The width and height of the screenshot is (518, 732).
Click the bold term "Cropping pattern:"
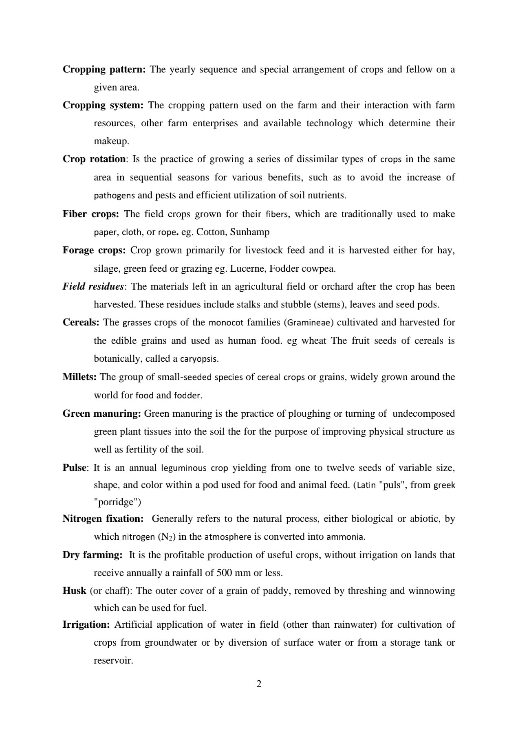click(x=104, y=70)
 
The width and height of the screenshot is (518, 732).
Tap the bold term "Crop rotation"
click(x=94, y=159)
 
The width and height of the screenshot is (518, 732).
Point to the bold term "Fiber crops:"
click(x=91, y=214)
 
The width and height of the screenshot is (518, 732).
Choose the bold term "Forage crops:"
click(x=94, y=251)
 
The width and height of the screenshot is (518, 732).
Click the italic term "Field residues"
click(x=93, y=287)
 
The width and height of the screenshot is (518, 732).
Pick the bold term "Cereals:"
click(x=81, y=323)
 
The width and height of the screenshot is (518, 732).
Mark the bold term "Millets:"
click(x=79, y=377)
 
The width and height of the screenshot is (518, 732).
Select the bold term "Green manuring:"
click(x=102, y=414)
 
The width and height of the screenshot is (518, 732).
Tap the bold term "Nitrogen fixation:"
click(x=103, y=519)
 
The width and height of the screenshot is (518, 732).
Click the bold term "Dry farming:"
click(x=93, y=555)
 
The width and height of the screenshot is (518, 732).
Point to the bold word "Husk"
click(x=74, y=591)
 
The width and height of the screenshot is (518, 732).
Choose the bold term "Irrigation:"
click(x=86, y=625)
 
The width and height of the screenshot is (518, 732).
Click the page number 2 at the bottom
click(x=259, y=684)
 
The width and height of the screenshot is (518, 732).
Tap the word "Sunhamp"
click(x=250, y=232)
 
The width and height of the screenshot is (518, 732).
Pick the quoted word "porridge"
click(x=117, y=502)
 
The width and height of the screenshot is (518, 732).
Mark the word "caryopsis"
click(x=199, y=359)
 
